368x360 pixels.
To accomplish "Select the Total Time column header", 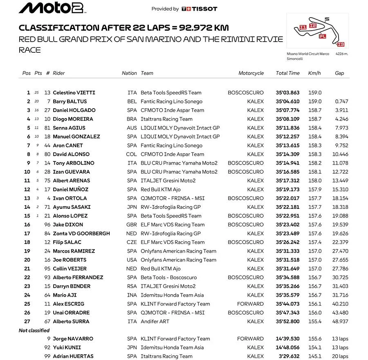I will click(287, 73).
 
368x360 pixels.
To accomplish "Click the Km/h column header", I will click(314, 73).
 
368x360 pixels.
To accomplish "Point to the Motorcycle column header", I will click(251, 73).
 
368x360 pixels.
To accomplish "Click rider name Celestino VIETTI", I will click(74, 93).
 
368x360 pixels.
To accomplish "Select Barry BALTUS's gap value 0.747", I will click(341, 101).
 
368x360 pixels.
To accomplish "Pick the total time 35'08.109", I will click(287, 119).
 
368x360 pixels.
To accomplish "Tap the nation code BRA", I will click(132, 119).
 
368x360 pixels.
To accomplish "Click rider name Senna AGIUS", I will click(69, 128).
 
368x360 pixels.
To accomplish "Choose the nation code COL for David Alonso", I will click(132, 154).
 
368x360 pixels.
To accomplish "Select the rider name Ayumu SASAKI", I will click(72, 207).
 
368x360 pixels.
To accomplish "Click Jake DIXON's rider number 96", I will click(47, 225).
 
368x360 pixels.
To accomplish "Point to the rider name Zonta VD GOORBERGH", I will click(81, 233).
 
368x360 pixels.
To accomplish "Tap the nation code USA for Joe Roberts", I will click(132, 260).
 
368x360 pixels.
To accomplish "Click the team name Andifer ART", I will click(155, 322).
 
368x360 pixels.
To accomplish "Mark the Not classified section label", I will click(34, 330).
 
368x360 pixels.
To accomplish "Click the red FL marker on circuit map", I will click(323, 36).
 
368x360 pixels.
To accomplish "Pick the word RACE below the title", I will click(30, 50).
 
